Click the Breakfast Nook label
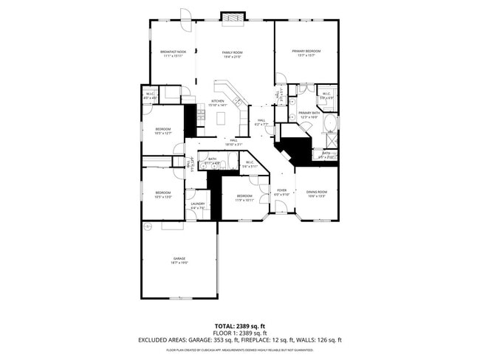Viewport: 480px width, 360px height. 173,53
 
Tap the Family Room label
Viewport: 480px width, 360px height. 233,54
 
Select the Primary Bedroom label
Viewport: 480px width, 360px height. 306,53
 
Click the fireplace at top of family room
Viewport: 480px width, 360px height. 234,15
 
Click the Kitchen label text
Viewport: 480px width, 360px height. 218,103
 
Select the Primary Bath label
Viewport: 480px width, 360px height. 308,114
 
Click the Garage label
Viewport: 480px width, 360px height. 179,260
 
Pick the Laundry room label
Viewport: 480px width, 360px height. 197,206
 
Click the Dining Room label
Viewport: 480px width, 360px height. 316,193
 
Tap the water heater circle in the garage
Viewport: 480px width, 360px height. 148,227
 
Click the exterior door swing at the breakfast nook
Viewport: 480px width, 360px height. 186,15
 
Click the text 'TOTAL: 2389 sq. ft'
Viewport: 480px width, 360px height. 239,326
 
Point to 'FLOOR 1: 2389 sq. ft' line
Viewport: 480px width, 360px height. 239,333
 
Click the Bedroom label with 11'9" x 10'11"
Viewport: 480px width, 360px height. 244,198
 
